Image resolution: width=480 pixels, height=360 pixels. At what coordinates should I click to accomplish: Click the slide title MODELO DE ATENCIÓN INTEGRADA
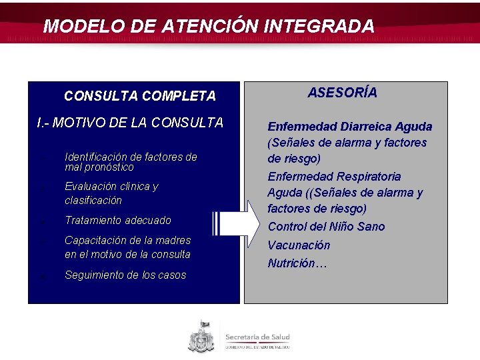209,26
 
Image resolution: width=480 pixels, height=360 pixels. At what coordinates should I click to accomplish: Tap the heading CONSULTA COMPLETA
140,96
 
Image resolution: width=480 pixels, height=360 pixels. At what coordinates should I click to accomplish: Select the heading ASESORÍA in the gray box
342,93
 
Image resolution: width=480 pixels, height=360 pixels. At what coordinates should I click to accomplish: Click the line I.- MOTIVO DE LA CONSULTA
130,123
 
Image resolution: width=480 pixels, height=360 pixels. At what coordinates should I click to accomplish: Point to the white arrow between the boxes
236,222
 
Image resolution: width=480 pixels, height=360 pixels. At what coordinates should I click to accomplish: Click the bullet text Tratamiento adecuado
118,220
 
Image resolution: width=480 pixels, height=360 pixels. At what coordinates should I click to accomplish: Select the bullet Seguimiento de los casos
125,275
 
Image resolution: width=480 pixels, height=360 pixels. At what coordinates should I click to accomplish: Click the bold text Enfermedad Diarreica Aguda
349,127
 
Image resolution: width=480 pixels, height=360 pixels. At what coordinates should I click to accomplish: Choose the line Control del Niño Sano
327,227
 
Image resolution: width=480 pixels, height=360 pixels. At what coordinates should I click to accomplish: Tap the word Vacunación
299,245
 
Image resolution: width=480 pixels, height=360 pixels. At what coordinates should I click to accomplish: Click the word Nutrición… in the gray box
297,263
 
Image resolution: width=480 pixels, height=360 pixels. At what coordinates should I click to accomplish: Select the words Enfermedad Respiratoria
334,177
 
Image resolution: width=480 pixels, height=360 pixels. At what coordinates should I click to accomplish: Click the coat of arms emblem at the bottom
201,337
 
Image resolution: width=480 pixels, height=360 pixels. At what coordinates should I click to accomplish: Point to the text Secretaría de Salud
257,337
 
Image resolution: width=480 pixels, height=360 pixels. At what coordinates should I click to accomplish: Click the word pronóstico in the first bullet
109,167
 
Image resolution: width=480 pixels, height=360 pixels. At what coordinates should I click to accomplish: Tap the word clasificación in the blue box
93,200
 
